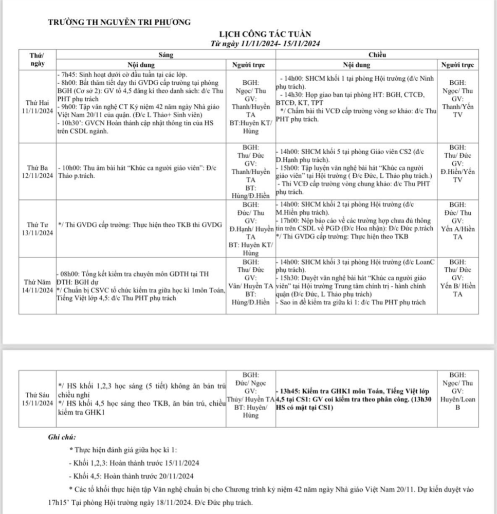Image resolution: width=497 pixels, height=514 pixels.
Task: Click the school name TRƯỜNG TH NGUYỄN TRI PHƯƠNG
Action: (x=119, y=22)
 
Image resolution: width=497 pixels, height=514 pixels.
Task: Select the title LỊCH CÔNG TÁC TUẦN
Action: (x=267, y=34)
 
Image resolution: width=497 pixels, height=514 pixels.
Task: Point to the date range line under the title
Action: (x=266, y=44)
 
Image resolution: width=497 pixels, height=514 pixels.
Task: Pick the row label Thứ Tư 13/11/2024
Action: (x=37, y=229)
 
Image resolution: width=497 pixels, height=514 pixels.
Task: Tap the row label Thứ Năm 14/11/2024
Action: (x=37, y=286)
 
